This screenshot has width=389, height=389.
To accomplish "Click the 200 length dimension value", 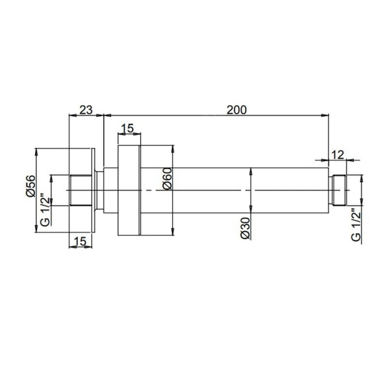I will click(237, 110).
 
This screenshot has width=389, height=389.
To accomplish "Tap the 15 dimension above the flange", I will click(128, 129).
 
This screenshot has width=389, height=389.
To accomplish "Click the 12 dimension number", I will click(336, 154).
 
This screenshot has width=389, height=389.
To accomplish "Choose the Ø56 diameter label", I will click(30, 185).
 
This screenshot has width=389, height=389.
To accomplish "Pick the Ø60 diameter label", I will click(167, 178).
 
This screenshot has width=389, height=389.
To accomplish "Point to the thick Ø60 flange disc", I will click(128, 189).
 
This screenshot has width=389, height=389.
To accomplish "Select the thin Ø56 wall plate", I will click(95, 189).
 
